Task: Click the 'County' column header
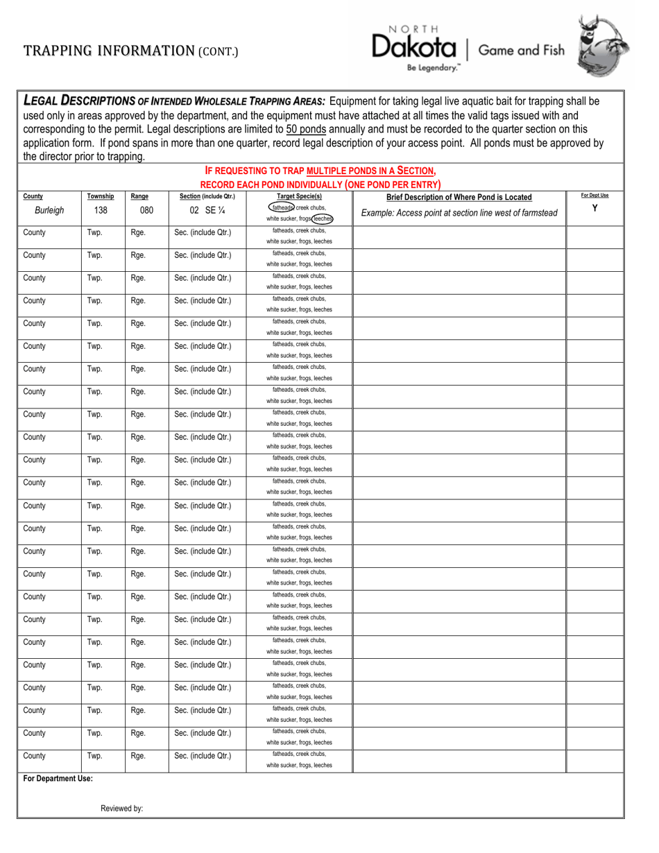pyautogui.click(x=33, y=197)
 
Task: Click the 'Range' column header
pyautogui.click(x=139, y=197)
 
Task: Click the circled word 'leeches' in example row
pyautogui.click(x=322, y=218)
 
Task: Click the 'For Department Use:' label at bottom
pyautogui.click(x=58, y=779)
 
